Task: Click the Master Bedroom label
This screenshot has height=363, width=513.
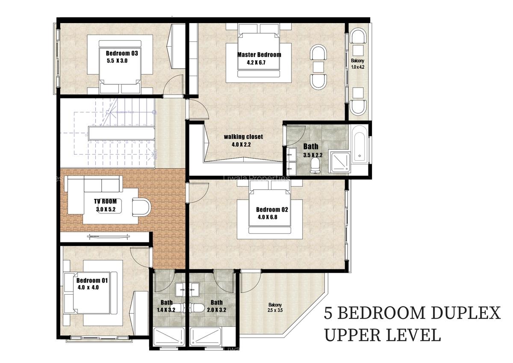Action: (259, 55)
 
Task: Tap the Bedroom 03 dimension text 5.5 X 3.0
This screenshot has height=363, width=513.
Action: (117, 61)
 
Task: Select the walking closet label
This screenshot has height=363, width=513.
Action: (243, 137)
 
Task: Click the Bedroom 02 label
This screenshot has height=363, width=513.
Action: (272, 210)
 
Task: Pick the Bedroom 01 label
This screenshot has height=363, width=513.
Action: (92, 280)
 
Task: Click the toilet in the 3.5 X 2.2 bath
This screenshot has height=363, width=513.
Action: (315, 164)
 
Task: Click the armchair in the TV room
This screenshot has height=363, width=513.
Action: (142, 207)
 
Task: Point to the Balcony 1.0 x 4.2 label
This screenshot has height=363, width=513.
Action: (357, 64)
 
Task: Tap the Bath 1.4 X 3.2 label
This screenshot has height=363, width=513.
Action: (167, 306)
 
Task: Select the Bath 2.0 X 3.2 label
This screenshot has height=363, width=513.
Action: (216, 306)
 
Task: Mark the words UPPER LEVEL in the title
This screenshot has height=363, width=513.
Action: (382, 335)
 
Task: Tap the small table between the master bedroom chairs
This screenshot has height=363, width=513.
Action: (317, 67)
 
